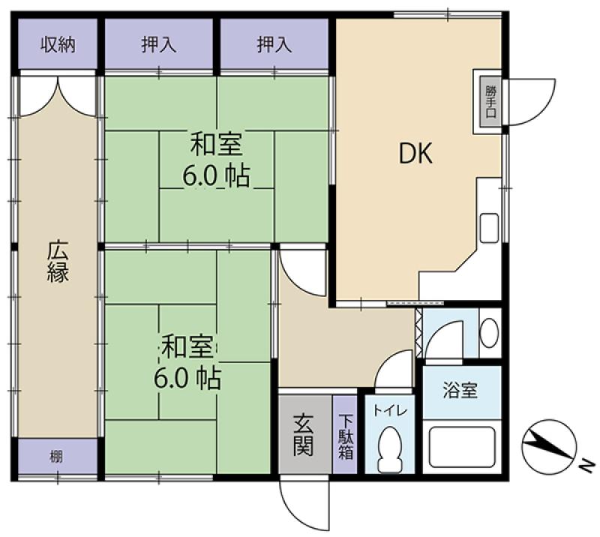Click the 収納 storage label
58,45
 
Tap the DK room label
415,153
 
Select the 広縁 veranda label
58,262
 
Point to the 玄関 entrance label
304,435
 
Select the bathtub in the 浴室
462,447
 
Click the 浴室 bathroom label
460,390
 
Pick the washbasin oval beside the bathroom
489,332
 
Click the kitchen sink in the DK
489,228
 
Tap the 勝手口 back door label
490,101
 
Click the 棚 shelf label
55,457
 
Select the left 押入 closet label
159,45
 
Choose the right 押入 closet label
274,45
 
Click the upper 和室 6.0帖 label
216,159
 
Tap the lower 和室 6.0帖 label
187,361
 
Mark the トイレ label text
390,410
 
